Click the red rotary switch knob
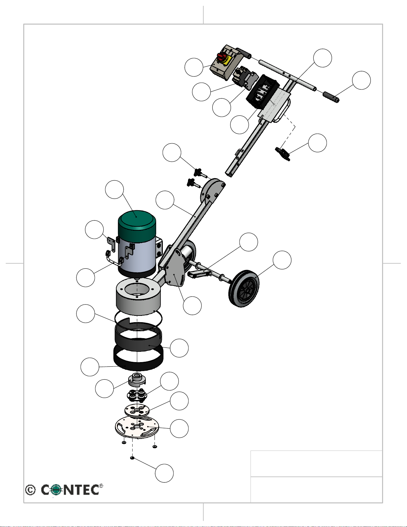click(x=221, y=57)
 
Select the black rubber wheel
click(x=244, y=288)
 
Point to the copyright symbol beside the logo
click(x=30, y=490)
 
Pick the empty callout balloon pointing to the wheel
click(x=282, y=260)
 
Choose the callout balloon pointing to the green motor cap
click(x=114, y=190)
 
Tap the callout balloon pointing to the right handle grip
click(x=361, y=80)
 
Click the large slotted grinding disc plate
click(x=137, y=428)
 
